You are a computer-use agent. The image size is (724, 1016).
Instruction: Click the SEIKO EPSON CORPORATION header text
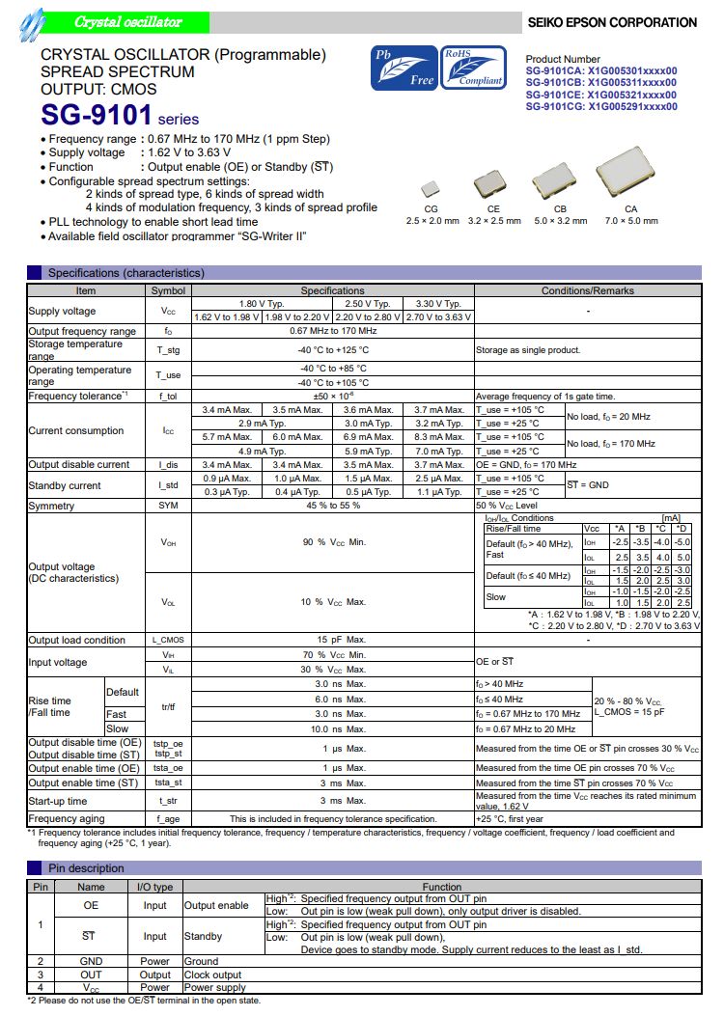click(x=611, y=22)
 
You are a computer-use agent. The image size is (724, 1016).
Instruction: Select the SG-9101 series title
click(x=120, y=117)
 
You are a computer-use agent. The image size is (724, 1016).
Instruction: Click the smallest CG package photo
click(x=431, y=189)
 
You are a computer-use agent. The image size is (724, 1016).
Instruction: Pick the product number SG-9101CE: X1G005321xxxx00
click(x=600, y=95)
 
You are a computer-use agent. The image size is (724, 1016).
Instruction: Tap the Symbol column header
click(x=169, y=290)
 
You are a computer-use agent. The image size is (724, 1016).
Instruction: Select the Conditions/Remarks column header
click(x=587, y=290)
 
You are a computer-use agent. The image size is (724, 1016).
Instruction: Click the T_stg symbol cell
click(x=169, y=350)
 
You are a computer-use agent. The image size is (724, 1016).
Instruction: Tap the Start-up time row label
click(x=58, y=801)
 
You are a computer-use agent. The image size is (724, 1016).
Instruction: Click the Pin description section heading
click(x=86, y=867)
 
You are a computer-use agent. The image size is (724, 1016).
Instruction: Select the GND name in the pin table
click(x=91, y=961)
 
